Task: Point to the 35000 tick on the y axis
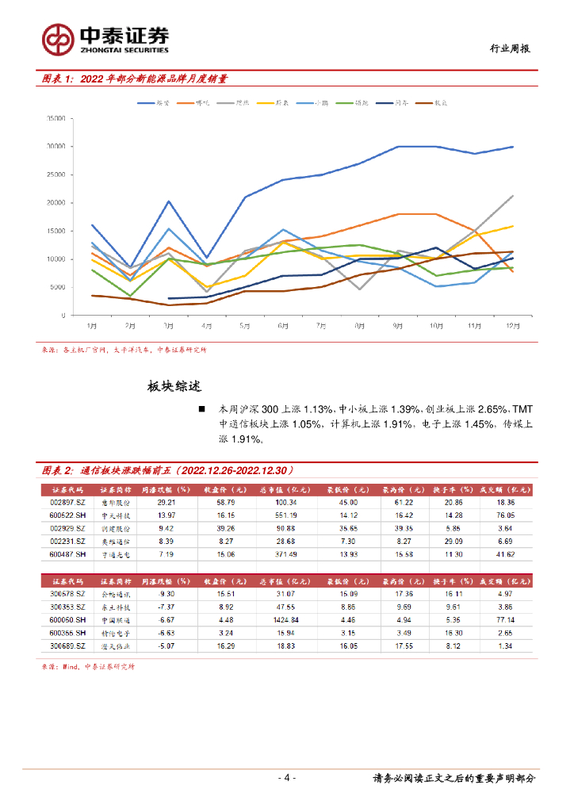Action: click(x=55, y=118)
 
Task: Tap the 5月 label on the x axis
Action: click(x=246, y=325)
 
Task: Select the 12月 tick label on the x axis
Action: click(x=512, y=325)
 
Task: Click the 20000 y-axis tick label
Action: click(x=55, y=203)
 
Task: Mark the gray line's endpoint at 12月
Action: click(x=512, y=195)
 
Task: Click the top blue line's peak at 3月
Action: click(x=169, y=201)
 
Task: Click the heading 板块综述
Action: click(x=174, y=387)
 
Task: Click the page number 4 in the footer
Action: click(x=286, y=778)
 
